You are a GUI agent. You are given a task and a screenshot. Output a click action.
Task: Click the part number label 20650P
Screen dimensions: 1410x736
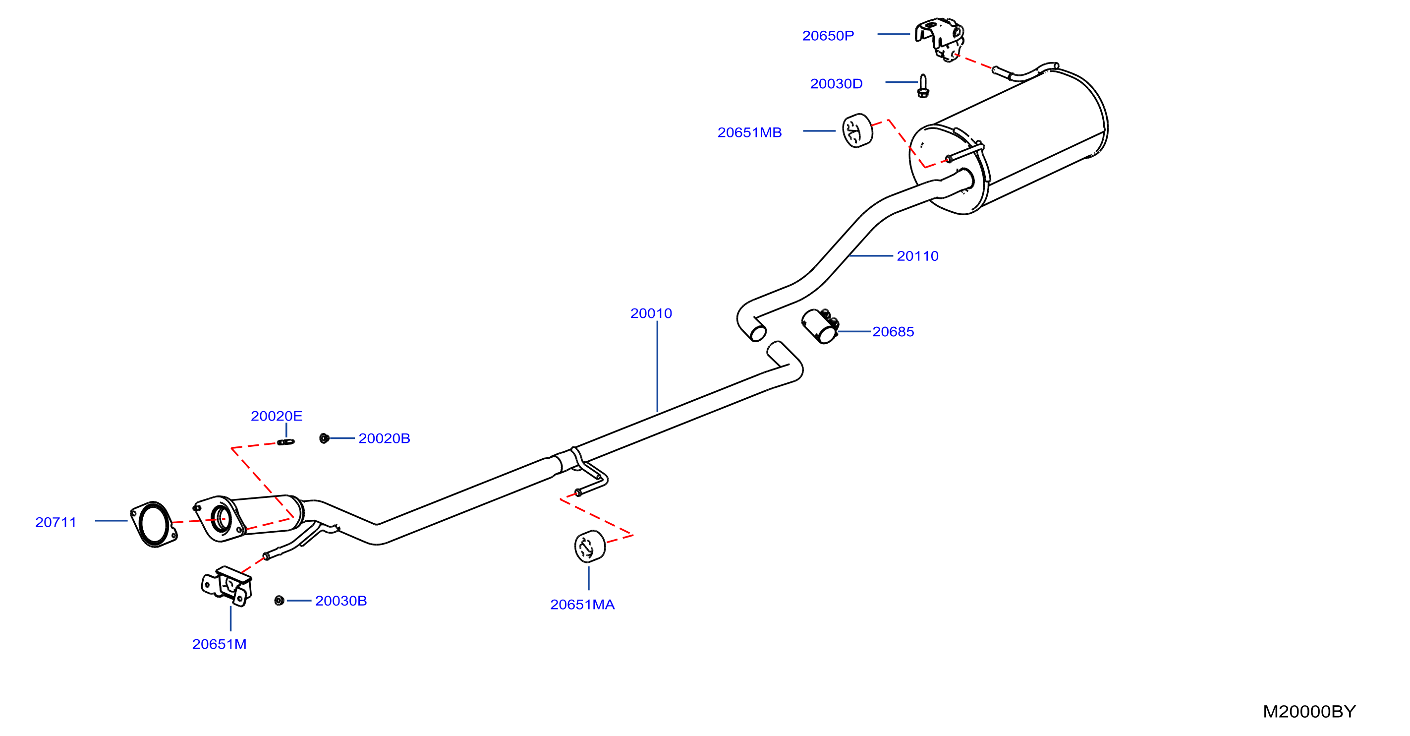click(828, 36)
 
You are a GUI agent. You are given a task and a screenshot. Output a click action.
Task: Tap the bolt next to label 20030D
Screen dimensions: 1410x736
click(923, 86)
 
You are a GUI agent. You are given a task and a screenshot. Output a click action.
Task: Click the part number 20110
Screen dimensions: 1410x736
click(917, 256)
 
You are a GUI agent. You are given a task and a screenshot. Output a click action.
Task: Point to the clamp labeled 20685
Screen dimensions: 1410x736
click(820, 326)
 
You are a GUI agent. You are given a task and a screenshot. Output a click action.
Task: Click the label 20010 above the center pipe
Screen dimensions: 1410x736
click(651, 313)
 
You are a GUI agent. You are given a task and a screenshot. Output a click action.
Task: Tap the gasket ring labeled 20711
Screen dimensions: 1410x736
click(154, 524)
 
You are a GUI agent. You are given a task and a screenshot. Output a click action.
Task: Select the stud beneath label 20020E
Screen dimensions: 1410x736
click(286, 442)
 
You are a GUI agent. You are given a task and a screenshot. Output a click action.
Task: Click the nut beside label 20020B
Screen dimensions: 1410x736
click(324, 438)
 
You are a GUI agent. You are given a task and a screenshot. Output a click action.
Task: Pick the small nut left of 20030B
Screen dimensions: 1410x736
click(279, 601)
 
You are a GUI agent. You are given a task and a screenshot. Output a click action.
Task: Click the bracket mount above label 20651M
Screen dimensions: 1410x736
click(226, 586)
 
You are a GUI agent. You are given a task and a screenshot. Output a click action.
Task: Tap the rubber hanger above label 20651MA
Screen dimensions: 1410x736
click(589, 546)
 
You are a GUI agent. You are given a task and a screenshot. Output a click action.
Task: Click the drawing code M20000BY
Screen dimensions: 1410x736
click(1309, 711)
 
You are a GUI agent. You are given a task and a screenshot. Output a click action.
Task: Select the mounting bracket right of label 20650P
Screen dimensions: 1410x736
click(940, 40)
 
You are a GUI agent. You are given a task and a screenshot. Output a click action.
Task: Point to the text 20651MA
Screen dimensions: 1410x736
click(582, 605)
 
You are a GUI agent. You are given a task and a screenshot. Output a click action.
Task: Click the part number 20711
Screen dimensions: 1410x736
click(56, 522)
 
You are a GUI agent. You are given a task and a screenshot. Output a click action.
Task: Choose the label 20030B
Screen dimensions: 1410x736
click(341, 601)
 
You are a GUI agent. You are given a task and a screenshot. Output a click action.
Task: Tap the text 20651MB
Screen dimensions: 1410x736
click(749, 132)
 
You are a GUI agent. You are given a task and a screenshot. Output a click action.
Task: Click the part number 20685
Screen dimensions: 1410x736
click(893, 331)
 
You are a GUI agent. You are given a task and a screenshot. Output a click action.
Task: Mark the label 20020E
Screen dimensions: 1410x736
click(277, 416)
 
